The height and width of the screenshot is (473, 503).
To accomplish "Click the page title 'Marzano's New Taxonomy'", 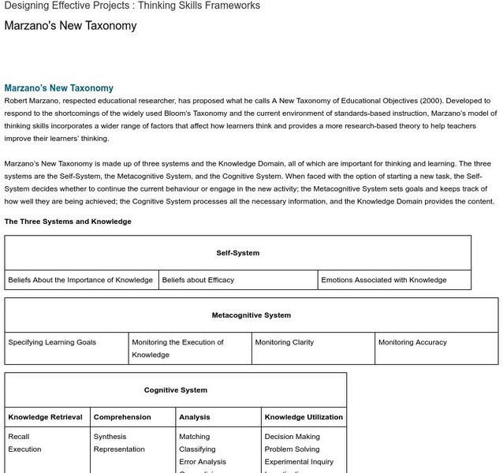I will click(70, 26).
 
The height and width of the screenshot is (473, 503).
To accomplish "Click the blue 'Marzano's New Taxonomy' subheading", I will click(58, 88).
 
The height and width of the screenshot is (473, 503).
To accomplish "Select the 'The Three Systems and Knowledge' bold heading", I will click(68, 222).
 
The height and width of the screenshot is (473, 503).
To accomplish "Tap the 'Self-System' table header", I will click(237, 253).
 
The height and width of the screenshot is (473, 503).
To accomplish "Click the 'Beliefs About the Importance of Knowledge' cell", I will click(80, 280).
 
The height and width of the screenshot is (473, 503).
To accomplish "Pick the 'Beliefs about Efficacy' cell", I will click(198, 280).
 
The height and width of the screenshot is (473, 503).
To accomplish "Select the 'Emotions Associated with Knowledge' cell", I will click(383, 280).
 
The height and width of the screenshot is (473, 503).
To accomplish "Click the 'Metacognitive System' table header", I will click(251, 315).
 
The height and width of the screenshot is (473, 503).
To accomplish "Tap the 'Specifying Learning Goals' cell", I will click(52, 342).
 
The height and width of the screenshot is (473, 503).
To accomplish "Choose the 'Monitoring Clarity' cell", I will click(284, 342).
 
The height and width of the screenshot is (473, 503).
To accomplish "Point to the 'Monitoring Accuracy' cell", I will click(412, 342).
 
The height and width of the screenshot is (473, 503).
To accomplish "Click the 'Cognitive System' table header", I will click(175, 390).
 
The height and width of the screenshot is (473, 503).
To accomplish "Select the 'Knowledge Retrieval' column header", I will click(45, 417).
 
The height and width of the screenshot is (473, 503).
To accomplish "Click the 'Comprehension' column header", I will click(122, 417).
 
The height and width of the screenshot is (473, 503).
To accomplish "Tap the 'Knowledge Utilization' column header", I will click(304, 417).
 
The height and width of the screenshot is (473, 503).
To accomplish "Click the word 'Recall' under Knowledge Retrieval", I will click(19, 437).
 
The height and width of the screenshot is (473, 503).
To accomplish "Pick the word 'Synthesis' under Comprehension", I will click(110, 437).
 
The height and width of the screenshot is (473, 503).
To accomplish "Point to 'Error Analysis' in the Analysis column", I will click(202, 462).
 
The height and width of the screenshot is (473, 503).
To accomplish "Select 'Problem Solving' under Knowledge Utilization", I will click(292, 449).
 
